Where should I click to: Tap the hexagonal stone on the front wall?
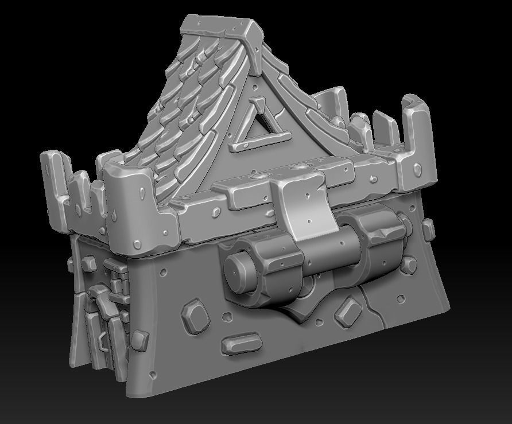point(195,315)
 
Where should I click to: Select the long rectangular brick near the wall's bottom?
point(241,345)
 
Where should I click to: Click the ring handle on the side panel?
point(103,342)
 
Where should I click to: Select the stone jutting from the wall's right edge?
point(428,229)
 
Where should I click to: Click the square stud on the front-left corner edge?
point(139,339)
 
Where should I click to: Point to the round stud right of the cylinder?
point(409,264)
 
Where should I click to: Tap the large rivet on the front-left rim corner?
point(138,244)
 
